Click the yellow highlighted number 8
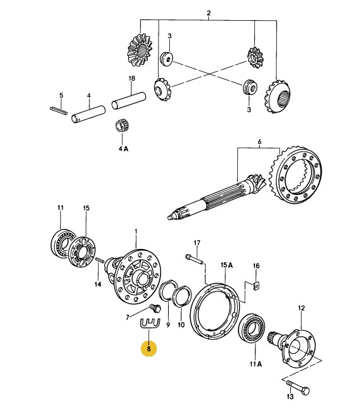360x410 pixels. tap(149, 349)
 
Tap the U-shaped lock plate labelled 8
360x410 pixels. tap(150, 324)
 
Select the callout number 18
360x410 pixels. tap(132, 78)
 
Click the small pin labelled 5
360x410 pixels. tap(59, 110)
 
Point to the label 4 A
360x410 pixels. tap(123, 149)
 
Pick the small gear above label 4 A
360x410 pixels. tap(121, 125)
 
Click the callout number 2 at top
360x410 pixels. tap(208, 13)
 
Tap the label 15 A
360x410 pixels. tap(227, 265)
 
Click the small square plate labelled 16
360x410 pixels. tap(256, 285)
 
